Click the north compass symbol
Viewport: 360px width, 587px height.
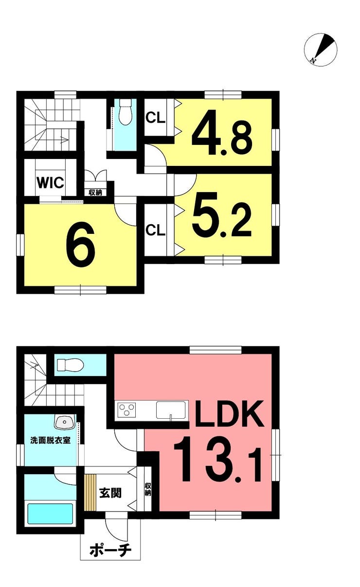(x=320, y=50)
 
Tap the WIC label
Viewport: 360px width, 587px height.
(x=50, y=183)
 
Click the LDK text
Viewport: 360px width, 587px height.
(x=228, y=413)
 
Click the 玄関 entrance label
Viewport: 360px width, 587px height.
(x=110, y=494)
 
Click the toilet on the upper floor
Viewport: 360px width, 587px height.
(x=125, y=112)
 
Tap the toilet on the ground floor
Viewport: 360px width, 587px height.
(x=70, y=365)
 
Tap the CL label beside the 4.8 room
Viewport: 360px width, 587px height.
(x=156, y=118)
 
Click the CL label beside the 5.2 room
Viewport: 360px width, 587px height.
(x=156, y=230)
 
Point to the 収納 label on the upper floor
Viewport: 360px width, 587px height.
(x=95, y=193)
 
